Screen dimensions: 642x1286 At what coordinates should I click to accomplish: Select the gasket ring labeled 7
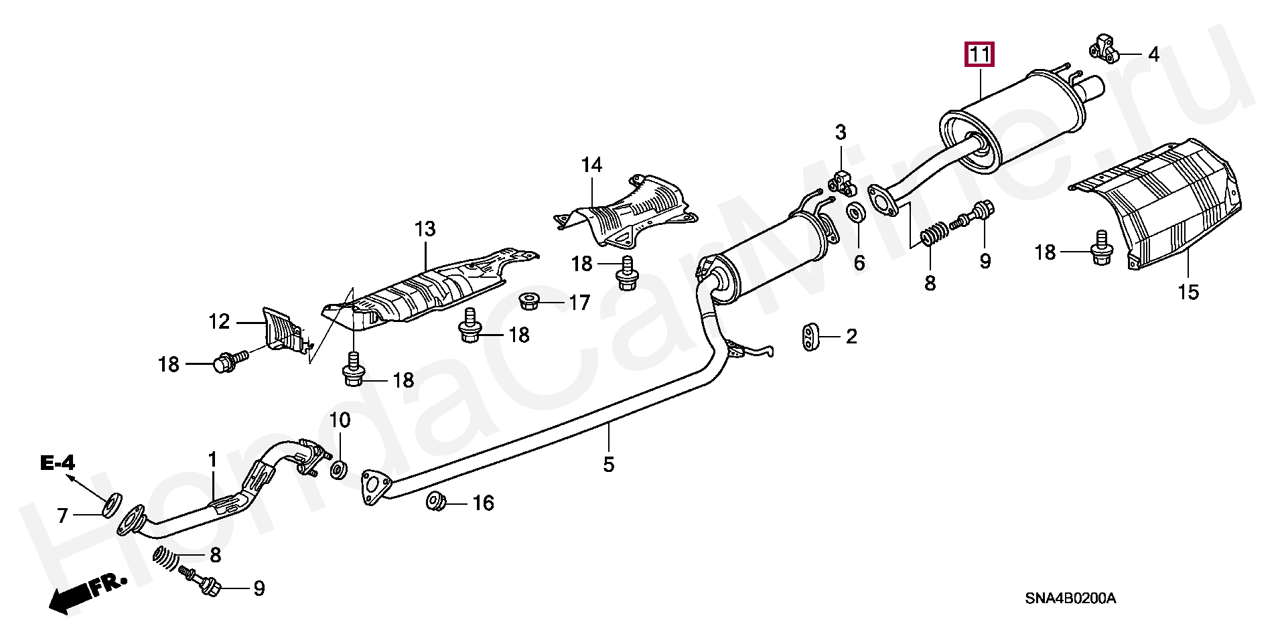(111, 505)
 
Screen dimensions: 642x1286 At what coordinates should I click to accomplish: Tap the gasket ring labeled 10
(339, 468)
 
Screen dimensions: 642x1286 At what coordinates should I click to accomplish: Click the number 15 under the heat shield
(1189, 293)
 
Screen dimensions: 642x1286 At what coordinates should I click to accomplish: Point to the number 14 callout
(591, 165)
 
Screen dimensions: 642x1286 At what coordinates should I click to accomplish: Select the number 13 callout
(425, 229)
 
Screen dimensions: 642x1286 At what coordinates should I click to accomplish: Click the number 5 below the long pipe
(608, 464)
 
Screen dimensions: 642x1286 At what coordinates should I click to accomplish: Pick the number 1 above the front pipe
(212, 460)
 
